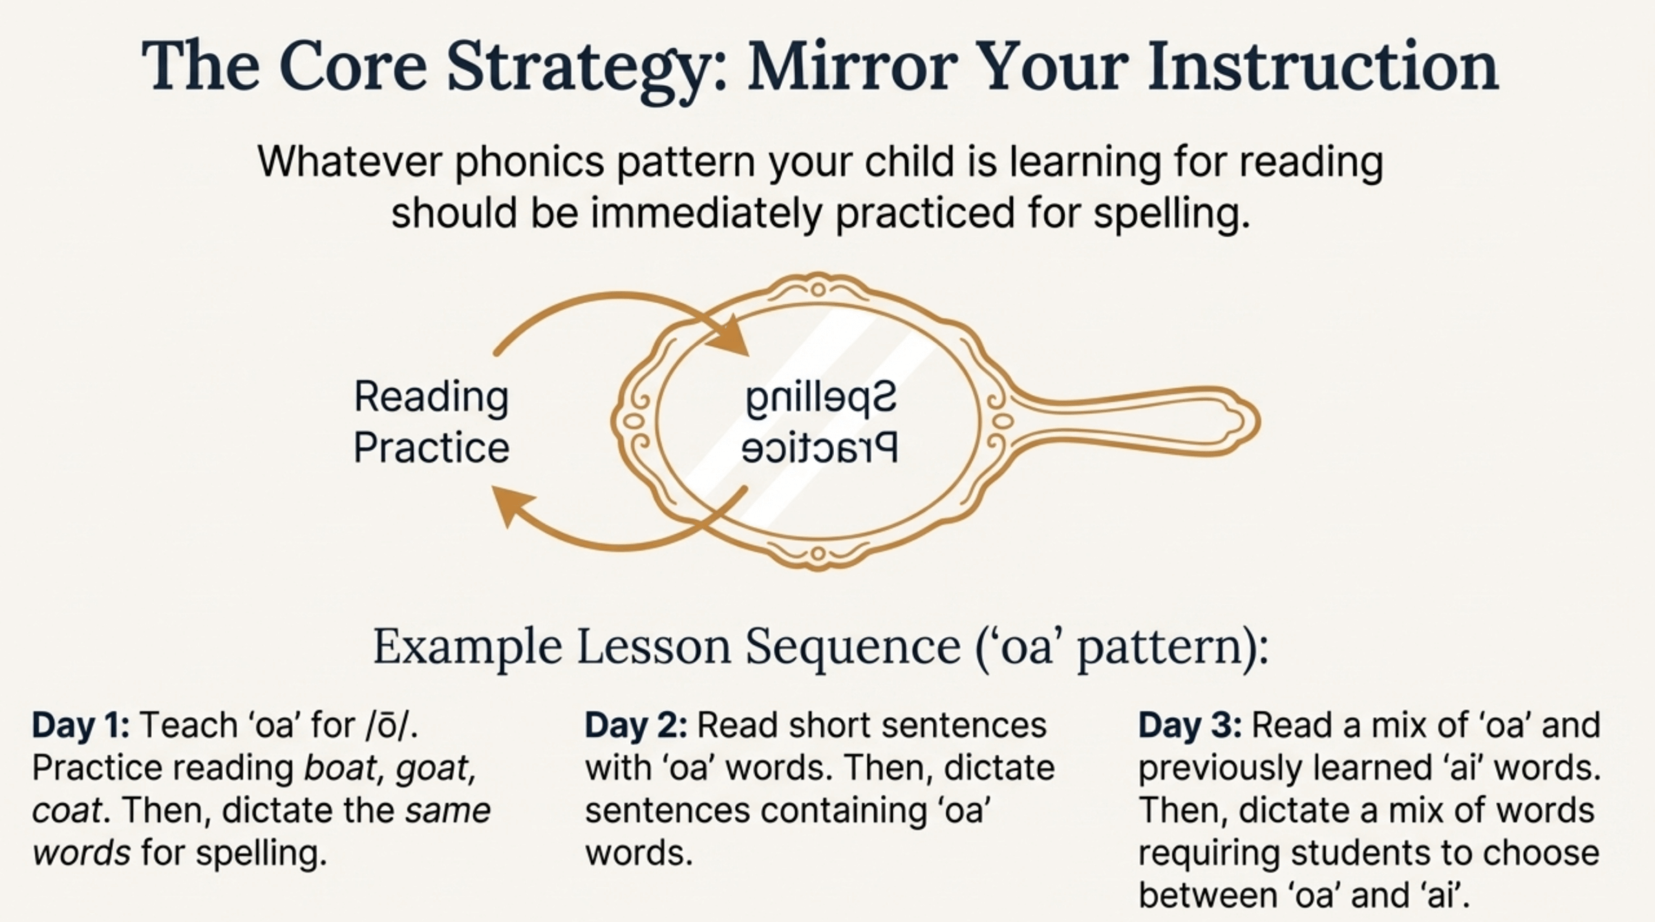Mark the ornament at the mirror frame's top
click(818, 288)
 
